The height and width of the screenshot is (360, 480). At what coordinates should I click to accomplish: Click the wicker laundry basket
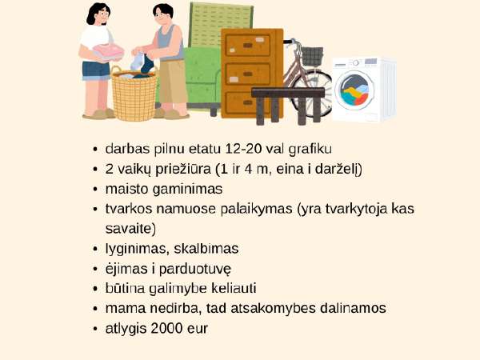(134, 94)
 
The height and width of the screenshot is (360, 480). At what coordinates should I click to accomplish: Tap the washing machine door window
(355, 90)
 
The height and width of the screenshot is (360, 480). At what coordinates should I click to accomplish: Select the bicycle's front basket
(312, 56)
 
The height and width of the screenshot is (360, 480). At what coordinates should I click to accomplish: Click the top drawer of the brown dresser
(248, 46)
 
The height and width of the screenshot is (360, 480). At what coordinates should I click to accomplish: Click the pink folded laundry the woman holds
(109, 52)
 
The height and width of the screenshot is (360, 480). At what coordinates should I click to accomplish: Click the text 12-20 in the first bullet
(243, 149)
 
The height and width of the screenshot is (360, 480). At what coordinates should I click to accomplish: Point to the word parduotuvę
(195, 270)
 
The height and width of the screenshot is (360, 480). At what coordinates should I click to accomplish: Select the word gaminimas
(187, 189)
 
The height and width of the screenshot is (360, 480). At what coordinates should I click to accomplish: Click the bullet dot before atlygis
(95, 329)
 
